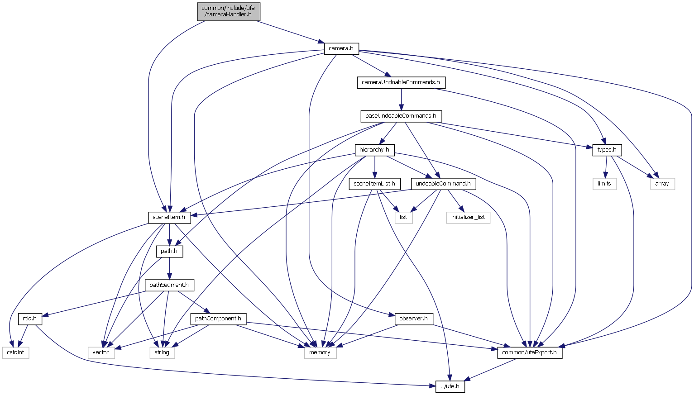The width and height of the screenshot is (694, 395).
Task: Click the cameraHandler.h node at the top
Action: (x=229, y=11)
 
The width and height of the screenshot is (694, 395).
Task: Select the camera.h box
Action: (x=341, y=48)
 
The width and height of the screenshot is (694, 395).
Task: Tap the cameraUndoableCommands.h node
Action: (x=401, y=82)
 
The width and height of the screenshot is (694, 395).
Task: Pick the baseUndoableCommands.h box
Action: (x=401, y=116)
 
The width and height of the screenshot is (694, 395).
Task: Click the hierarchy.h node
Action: (x=374, y=150)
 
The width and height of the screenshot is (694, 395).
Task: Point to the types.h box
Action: (x=607, y=150)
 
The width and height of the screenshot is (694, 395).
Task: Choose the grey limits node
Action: (x=604, y=184)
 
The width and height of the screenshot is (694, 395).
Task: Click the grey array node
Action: (x=662, y=184)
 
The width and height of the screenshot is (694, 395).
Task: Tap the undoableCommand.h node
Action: (x=443, y=184)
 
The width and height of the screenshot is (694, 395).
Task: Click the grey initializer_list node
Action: (x=469, y=217)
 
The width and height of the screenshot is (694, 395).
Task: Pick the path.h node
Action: (x=169, y=251)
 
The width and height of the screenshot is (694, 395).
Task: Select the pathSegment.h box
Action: (x=169, y=285)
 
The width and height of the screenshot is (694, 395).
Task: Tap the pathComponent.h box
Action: (x=218, y=319)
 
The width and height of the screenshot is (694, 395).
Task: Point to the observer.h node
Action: (x=414, y=319)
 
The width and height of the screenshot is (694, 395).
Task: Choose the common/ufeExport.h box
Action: (x=530, y=352)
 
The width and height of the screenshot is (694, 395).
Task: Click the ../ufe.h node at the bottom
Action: (x=450, y=386)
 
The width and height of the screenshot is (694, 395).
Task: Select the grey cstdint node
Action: (x=15, y=352)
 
